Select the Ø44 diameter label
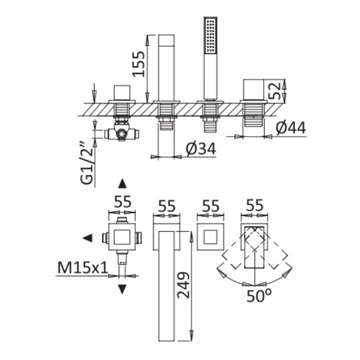[290, 128]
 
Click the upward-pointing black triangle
[121, 183]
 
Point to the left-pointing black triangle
[89, 238]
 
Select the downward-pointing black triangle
[121, 289]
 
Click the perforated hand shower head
[211, 36]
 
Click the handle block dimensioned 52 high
[255, 90]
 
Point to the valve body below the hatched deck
[121, 133]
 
